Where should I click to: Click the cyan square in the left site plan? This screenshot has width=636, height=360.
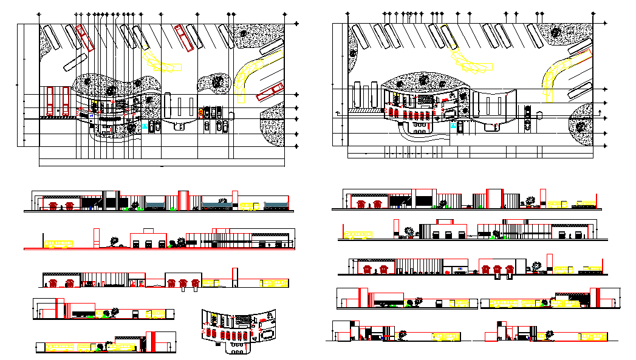coord(144,125)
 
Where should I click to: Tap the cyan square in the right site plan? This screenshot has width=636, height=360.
coord(453,126)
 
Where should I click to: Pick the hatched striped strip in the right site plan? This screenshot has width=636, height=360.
coord(363,112)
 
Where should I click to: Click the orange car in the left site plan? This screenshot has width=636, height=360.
coord(201,112)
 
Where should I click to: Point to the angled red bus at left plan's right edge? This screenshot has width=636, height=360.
coord(270,91)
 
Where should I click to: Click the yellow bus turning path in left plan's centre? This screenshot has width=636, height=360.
coord(160,64)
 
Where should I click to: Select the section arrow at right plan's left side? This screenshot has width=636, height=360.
coord(338,112)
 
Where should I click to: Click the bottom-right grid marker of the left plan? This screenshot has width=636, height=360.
coord(296,146)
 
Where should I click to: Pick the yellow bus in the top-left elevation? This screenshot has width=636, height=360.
coord(250,205)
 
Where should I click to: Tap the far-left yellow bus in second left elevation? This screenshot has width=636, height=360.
coord(58,244)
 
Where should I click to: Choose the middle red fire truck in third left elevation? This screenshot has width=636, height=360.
coord(183,283)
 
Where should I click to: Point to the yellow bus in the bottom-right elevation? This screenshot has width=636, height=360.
coord(593,336)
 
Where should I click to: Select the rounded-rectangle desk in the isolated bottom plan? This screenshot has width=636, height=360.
coord(265,333)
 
